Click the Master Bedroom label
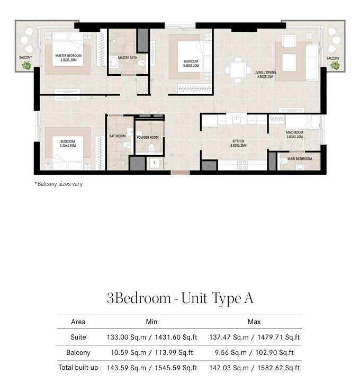[68, 58]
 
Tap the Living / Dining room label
[265, 74]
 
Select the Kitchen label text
[238, 143]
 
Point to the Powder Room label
[148, 137]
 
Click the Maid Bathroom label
[300, 158]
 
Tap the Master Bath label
[128, 58]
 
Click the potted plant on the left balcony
[26, 65]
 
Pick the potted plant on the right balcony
[335, 65]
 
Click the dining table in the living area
[238, 70]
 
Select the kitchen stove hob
[242, 165]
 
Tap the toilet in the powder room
[151, 148]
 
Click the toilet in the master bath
[141, 63]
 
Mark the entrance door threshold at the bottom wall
[180, 173]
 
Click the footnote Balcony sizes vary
[59, 184]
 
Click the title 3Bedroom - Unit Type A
[180, 298]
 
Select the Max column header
[254, 322]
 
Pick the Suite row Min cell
[152, 337]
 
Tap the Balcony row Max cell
[254, 352]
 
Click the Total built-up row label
[78, 368]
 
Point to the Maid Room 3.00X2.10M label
[294, 135]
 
